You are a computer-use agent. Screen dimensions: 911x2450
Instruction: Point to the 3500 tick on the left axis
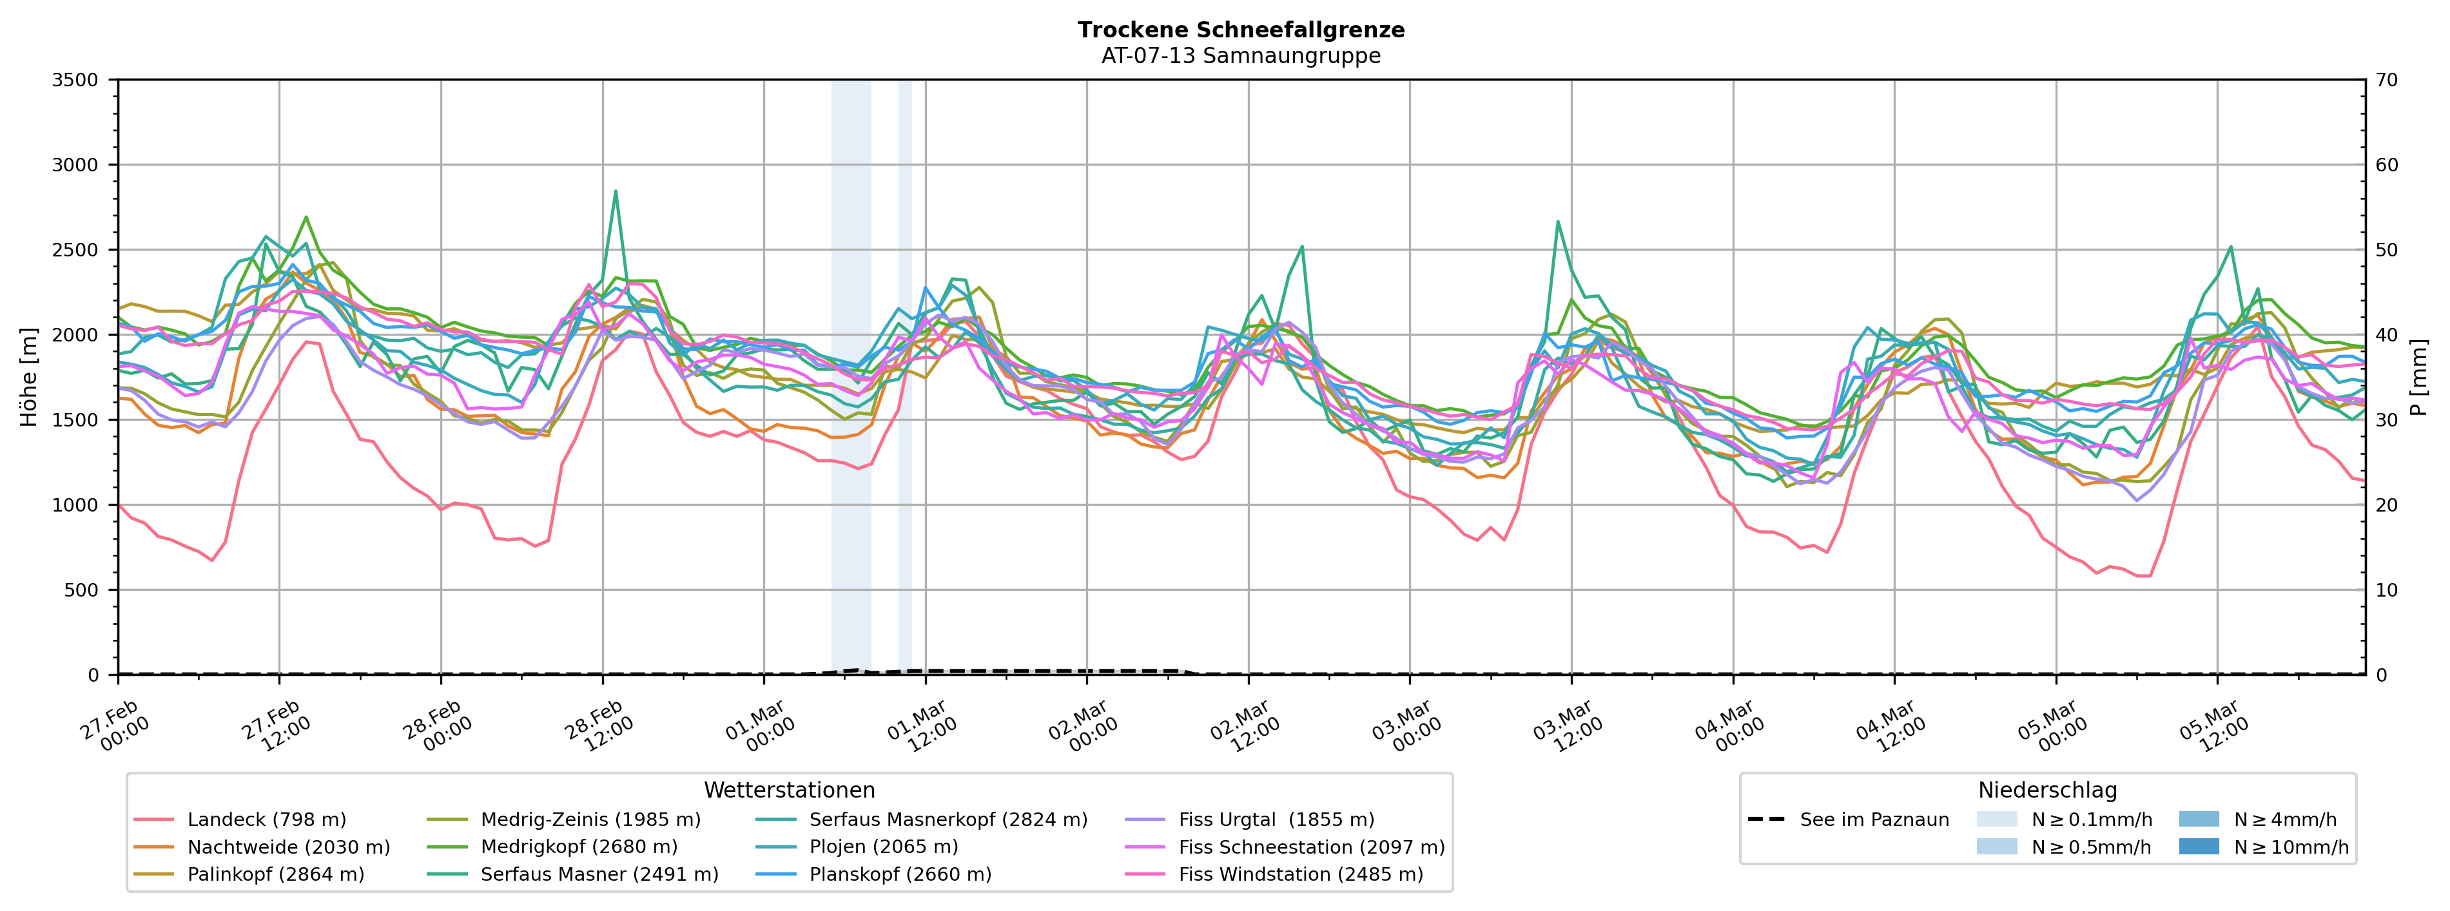(75, 80)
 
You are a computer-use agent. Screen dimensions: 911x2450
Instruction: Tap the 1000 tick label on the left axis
(75, 505)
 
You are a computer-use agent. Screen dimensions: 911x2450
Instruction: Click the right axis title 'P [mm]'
(2418, 378)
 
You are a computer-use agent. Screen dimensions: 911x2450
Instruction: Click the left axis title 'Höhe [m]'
(30, 378)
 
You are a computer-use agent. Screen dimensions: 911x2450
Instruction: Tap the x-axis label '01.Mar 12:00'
(918, 727)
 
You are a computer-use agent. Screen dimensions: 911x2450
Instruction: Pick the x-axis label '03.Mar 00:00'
(1403, 727)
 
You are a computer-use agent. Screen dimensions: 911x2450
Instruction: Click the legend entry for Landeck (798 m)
(266, 820)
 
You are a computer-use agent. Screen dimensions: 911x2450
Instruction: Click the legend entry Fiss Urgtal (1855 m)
(1276, 820)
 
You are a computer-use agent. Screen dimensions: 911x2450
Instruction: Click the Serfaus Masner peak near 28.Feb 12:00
(616, 191)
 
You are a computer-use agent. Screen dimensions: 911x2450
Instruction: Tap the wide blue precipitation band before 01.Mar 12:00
(851, 380)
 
